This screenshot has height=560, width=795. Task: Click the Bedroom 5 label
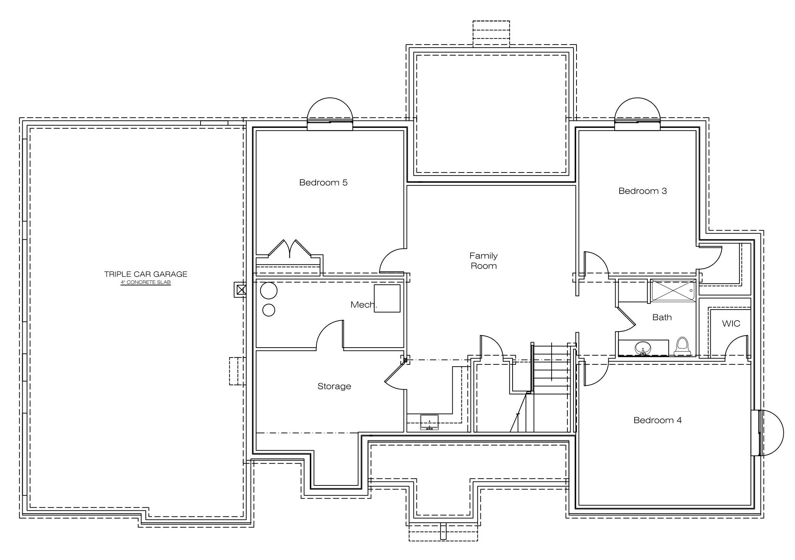coord(323,182)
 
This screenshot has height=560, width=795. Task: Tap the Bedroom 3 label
coord(643,191)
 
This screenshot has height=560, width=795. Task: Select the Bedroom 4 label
coord(658,420)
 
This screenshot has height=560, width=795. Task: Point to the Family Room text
coord(484,261)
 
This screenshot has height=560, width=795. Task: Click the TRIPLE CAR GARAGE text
coord(146,274)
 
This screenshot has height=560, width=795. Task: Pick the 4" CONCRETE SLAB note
coord(146,283)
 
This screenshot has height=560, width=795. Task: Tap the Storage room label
coord(334,386)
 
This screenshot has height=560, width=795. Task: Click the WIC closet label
coord(731,323)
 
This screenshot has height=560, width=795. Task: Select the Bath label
coord(662,317)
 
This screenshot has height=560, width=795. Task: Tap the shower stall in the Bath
coord(673,291)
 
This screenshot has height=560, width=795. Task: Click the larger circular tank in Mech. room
coord(269,291)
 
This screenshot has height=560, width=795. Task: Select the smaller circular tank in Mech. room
coord(269,310)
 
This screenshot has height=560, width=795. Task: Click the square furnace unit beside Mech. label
coord(387,298)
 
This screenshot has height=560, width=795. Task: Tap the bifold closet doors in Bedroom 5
coord(290,249)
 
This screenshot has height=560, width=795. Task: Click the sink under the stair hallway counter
coord(429,422)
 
